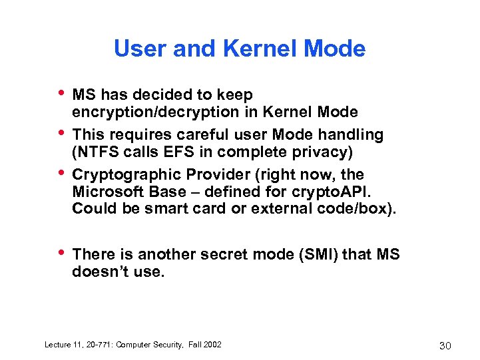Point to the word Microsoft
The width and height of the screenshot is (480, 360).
pos(106,192)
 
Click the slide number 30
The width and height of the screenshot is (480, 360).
pos(446,345)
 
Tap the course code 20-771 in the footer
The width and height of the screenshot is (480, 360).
pos(98,344)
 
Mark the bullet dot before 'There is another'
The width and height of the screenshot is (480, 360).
pos(62,253)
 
